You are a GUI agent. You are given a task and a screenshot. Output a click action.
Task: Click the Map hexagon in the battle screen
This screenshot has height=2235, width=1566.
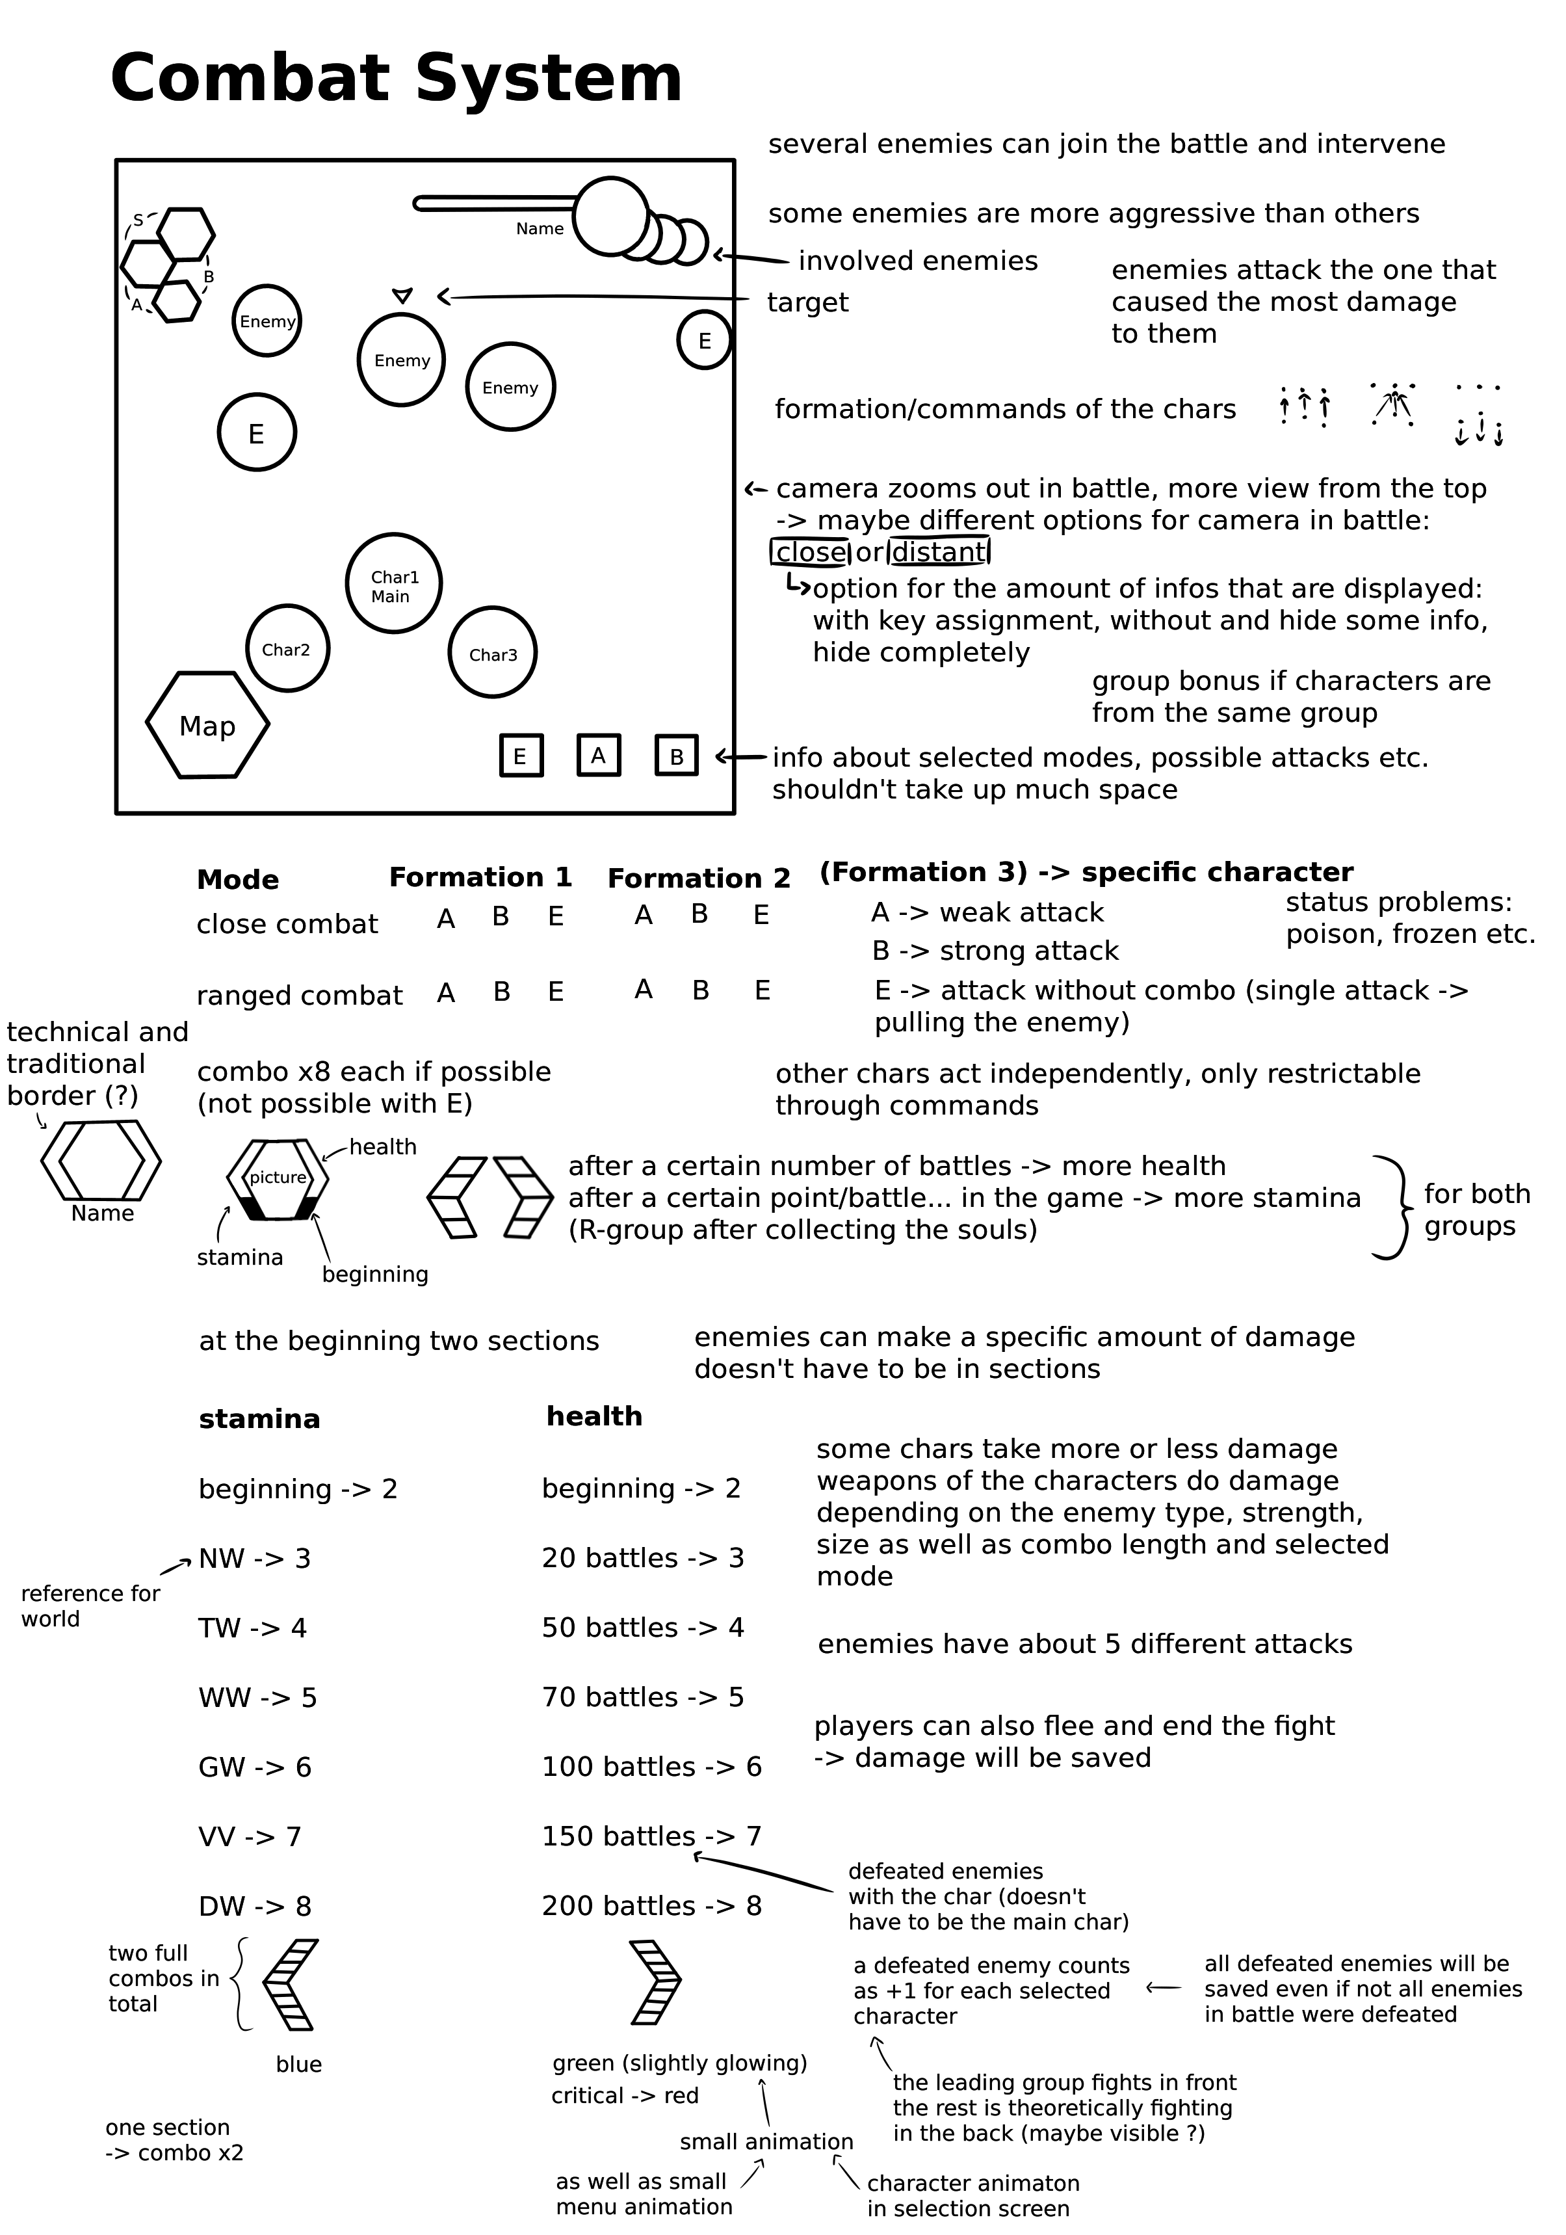point(207,725)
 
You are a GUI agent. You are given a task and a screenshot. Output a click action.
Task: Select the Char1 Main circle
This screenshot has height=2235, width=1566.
point(394,584)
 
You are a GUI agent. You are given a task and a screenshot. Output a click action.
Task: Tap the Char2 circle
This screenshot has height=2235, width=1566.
point(287,648)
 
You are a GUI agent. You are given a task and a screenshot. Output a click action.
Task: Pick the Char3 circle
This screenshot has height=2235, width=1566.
point(493,653)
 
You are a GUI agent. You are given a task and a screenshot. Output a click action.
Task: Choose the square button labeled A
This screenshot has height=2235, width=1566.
point(599,756)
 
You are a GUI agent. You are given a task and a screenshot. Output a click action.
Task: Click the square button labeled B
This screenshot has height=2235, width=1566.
point(677,756)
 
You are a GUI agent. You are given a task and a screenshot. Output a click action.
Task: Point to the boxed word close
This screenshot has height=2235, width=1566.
point(811,552)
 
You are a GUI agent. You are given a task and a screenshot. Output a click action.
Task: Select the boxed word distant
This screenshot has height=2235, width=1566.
point(939,552)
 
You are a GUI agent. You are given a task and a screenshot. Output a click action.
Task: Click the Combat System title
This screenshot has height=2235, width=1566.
point(396,79)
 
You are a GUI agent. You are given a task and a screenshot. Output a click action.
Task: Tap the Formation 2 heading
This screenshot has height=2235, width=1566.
point(699,878)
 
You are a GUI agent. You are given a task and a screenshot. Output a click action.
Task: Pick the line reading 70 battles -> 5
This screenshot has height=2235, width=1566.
point(642,1697)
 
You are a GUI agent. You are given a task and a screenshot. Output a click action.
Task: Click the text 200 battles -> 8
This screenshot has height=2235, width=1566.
point(651,1905)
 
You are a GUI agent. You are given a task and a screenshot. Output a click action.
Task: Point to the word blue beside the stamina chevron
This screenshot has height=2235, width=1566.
point(299,2064)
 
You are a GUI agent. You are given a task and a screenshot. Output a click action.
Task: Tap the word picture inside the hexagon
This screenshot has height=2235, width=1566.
point(278,1177)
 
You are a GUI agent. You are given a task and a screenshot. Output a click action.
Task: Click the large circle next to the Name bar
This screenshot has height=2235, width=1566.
point(611,216)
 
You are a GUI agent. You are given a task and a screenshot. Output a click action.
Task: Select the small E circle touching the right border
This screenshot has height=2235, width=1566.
point(703,339)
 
